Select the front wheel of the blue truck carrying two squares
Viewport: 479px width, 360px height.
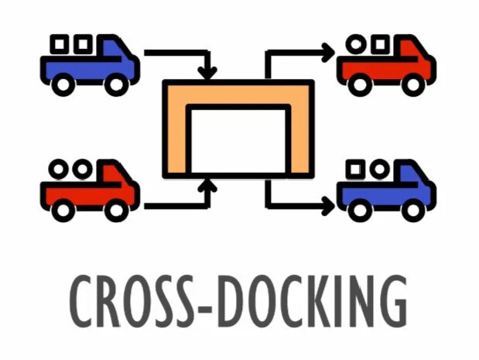[115, 84]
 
